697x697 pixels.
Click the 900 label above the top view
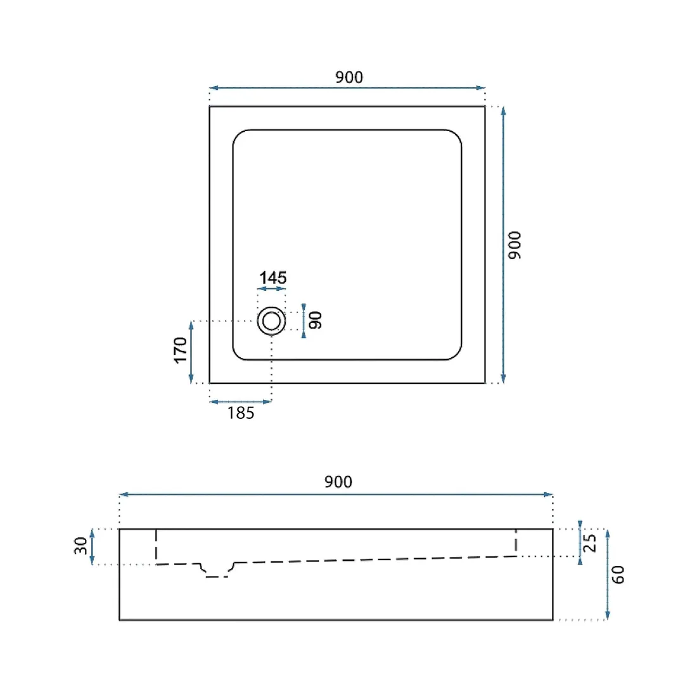coord(349,77)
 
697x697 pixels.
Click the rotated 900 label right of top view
coord(515,245)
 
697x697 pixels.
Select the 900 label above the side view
coord(338,482)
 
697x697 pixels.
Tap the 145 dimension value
coord(273,278)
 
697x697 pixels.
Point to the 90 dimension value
coord(315,320)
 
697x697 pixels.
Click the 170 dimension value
coord(180,350)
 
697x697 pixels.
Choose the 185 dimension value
coord(241,413)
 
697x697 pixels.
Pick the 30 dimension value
coord(80,546)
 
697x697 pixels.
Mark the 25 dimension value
coord(589,543)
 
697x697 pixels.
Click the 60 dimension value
coord(618,574)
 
